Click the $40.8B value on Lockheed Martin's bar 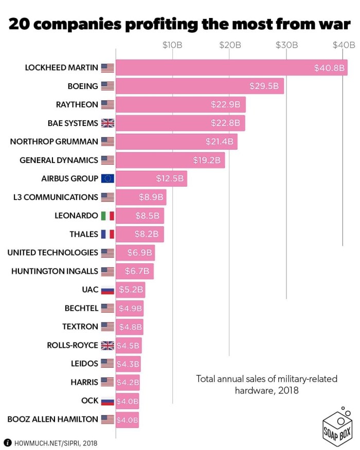pos(329,67)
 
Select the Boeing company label pos(83,86)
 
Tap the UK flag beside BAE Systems pos(107,123)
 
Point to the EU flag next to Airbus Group pos(107,178)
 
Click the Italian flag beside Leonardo pos(107,215)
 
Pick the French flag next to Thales pos(107,234)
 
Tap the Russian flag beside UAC pos(107,290)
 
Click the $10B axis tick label pos(172,45)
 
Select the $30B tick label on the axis pos(287,45)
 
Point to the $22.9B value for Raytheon pos(225,104)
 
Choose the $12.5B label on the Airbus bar pos(170,178)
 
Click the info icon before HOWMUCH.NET pos(8,442)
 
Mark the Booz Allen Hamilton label pos(52,419)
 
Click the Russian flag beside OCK pos(107,401)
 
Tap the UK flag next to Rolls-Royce pos(107,345)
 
